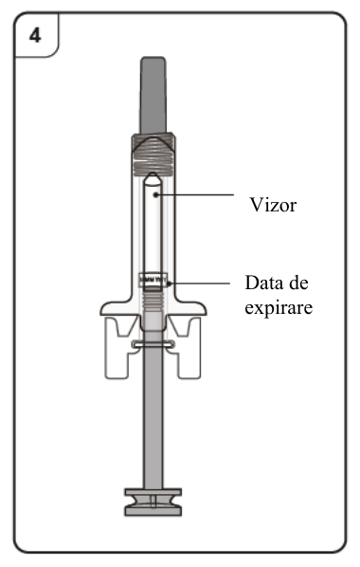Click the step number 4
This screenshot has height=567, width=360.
pyautogui.click(x=35, y=36)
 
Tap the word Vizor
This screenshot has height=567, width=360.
pyautogui.click(x=273, y=205)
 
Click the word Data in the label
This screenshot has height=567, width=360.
pyautogui.click(x=262, y=283)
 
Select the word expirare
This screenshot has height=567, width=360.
pyautogui.click(x=279, y=308)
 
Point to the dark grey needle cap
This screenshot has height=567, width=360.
pyautogui.click(x=153, y=96)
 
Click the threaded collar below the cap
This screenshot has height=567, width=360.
pyautogui.click(x=153, y=155)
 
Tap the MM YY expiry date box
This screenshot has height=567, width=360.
pyautogui.click(x=153, y=280)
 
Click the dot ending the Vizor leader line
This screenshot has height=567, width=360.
pyautogui.click(x=155, y=195)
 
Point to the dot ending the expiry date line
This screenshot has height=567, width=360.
pyautogui.click(x=169, y=283)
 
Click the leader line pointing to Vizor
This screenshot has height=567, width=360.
pyautogui.click(x=195, y=195)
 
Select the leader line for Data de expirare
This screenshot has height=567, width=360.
pyautogui.click(x=199, y=283)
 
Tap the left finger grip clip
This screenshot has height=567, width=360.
pyautogui.click(x=120, y=347)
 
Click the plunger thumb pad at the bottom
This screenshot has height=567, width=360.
pyautogui.click(x=153, y=502)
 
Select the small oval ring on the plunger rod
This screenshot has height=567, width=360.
pyautogui.click(x=153, y=344)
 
